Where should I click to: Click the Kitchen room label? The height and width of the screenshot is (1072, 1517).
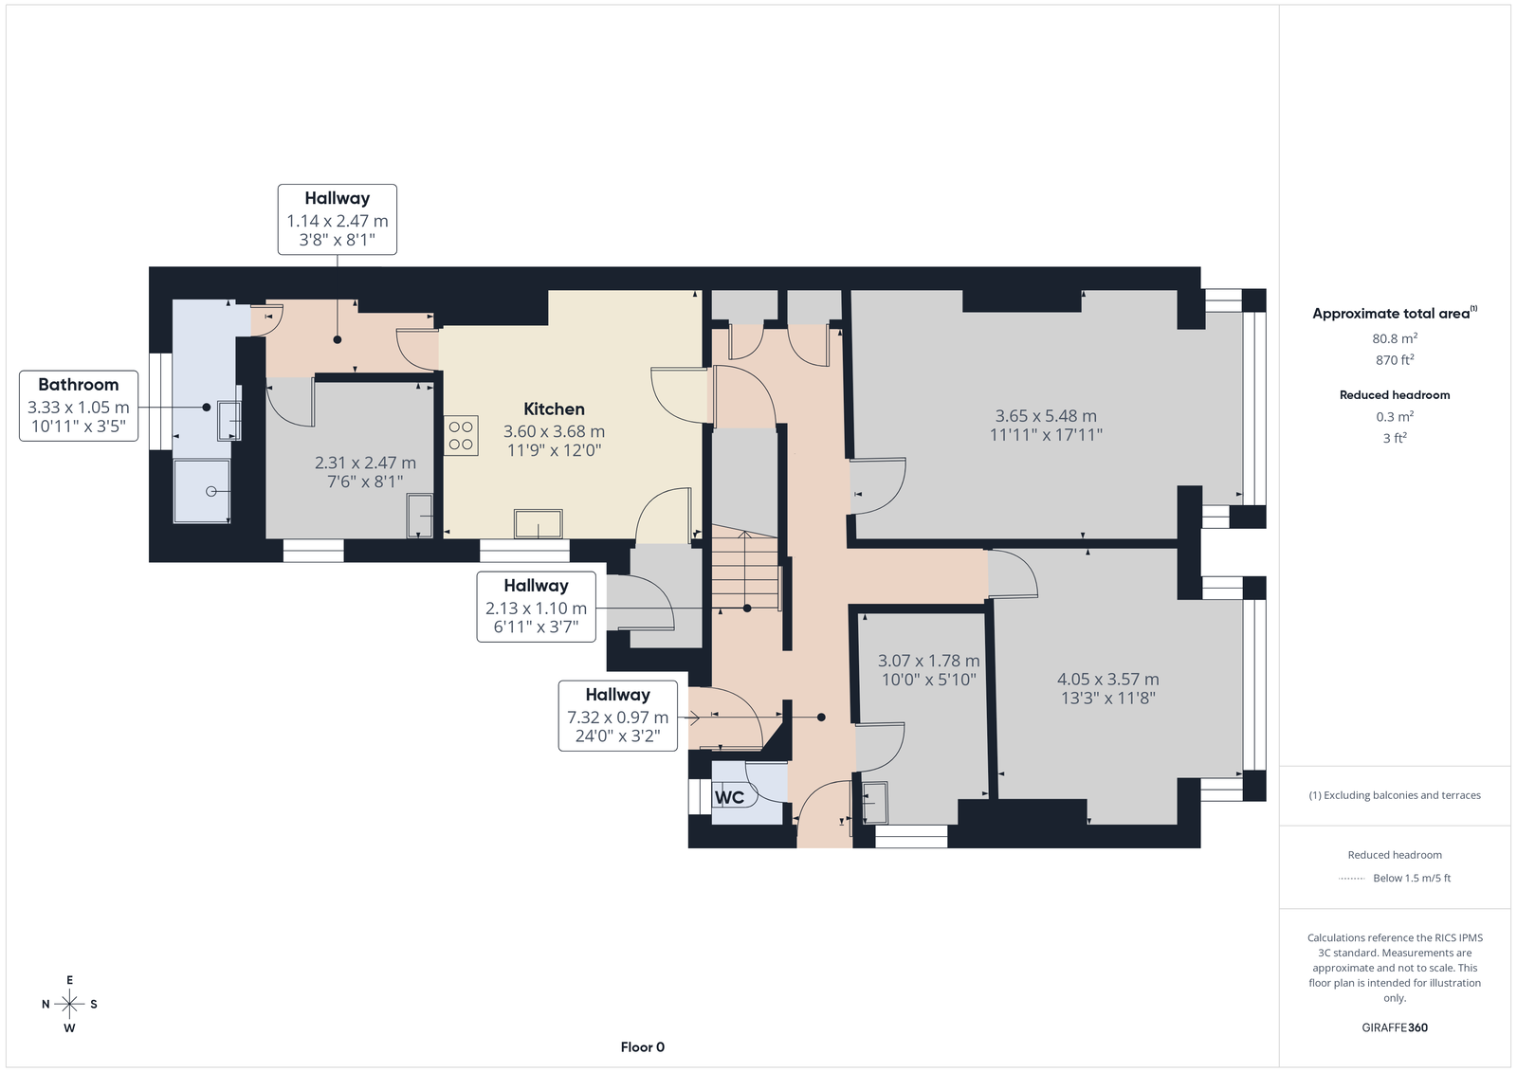tap(554, 409)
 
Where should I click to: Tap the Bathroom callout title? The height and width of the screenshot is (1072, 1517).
tap(79, 385)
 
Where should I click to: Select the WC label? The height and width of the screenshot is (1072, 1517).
tap(729, 797)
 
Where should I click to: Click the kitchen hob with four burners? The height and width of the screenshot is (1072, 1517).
tap(461, 435)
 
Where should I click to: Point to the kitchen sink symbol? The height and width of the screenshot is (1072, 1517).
tap(539, 523)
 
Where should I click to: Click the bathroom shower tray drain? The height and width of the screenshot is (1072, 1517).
tap(211, 492)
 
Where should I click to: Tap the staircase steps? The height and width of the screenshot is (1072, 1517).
tap(745, 569)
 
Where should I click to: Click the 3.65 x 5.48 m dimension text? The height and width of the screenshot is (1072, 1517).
tap(1046, 416)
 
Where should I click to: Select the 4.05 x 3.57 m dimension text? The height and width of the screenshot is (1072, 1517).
tap(1108, 679)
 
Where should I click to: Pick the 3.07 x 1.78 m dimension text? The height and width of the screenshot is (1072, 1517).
tap(928, 661)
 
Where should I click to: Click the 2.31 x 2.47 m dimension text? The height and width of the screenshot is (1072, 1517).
tap(365, 463)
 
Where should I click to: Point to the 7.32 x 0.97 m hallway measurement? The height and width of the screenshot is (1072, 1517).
tap(617, 718)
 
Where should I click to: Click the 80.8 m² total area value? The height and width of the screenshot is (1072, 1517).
tap(1395, 338)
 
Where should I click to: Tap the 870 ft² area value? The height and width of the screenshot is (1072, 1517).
tap(1395, 359)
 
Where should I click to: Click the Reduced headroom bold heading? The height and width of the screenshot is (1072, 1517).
tap(1395, 395)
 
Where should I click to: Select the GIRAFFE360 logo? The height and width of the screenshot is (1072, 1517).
tap(1395, 1027)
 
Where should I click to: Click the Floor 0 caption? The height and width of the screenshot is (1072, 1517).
tap(643, 1047)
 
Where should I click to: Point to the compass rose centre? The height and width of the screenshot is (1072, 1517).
tap(69, 1004)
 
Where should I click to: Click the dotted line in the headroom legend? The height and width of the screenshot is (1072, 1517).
tap(1352, 879)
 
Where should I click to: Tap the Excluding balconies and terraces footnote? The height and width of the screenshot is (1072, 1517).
tap(1395, 795)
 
